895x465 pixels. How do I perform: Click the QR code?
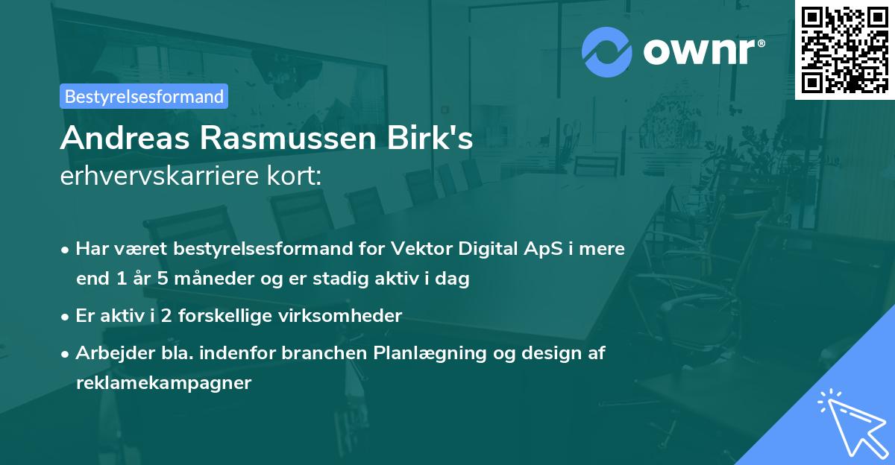pyautogui.click(x=845, y=50)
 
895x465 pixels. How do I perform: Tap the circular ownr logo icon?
pyautogui.click(x=607, y=51)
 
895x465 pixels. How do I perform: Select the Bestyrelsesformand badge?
pyautogui.click(x=144, y=96)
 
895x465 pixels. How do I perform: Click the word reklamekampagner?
pyautogui.click(x=164, y=383)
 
